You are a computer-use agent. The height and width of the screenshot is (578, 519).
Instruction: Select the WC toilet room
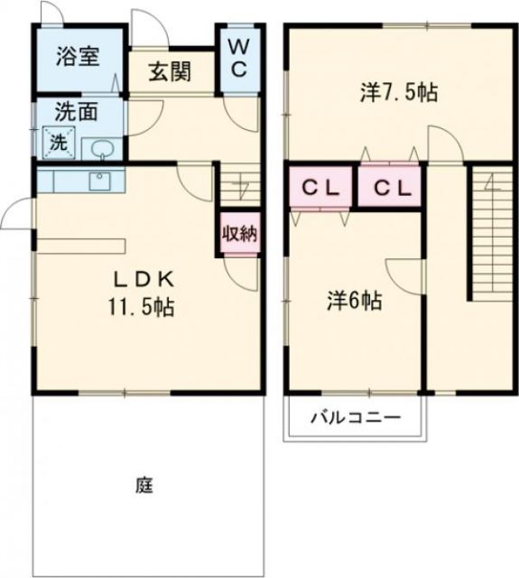[238, 57]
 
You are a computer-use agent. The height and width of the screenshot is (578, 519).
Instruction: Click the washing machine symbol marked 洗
[57, 142]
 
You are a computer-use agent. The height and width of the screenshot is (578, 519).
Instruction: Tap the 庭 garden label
[145, 485]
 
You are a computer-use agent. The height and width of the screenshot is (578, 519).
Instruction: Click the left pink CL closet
[320, 188]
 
